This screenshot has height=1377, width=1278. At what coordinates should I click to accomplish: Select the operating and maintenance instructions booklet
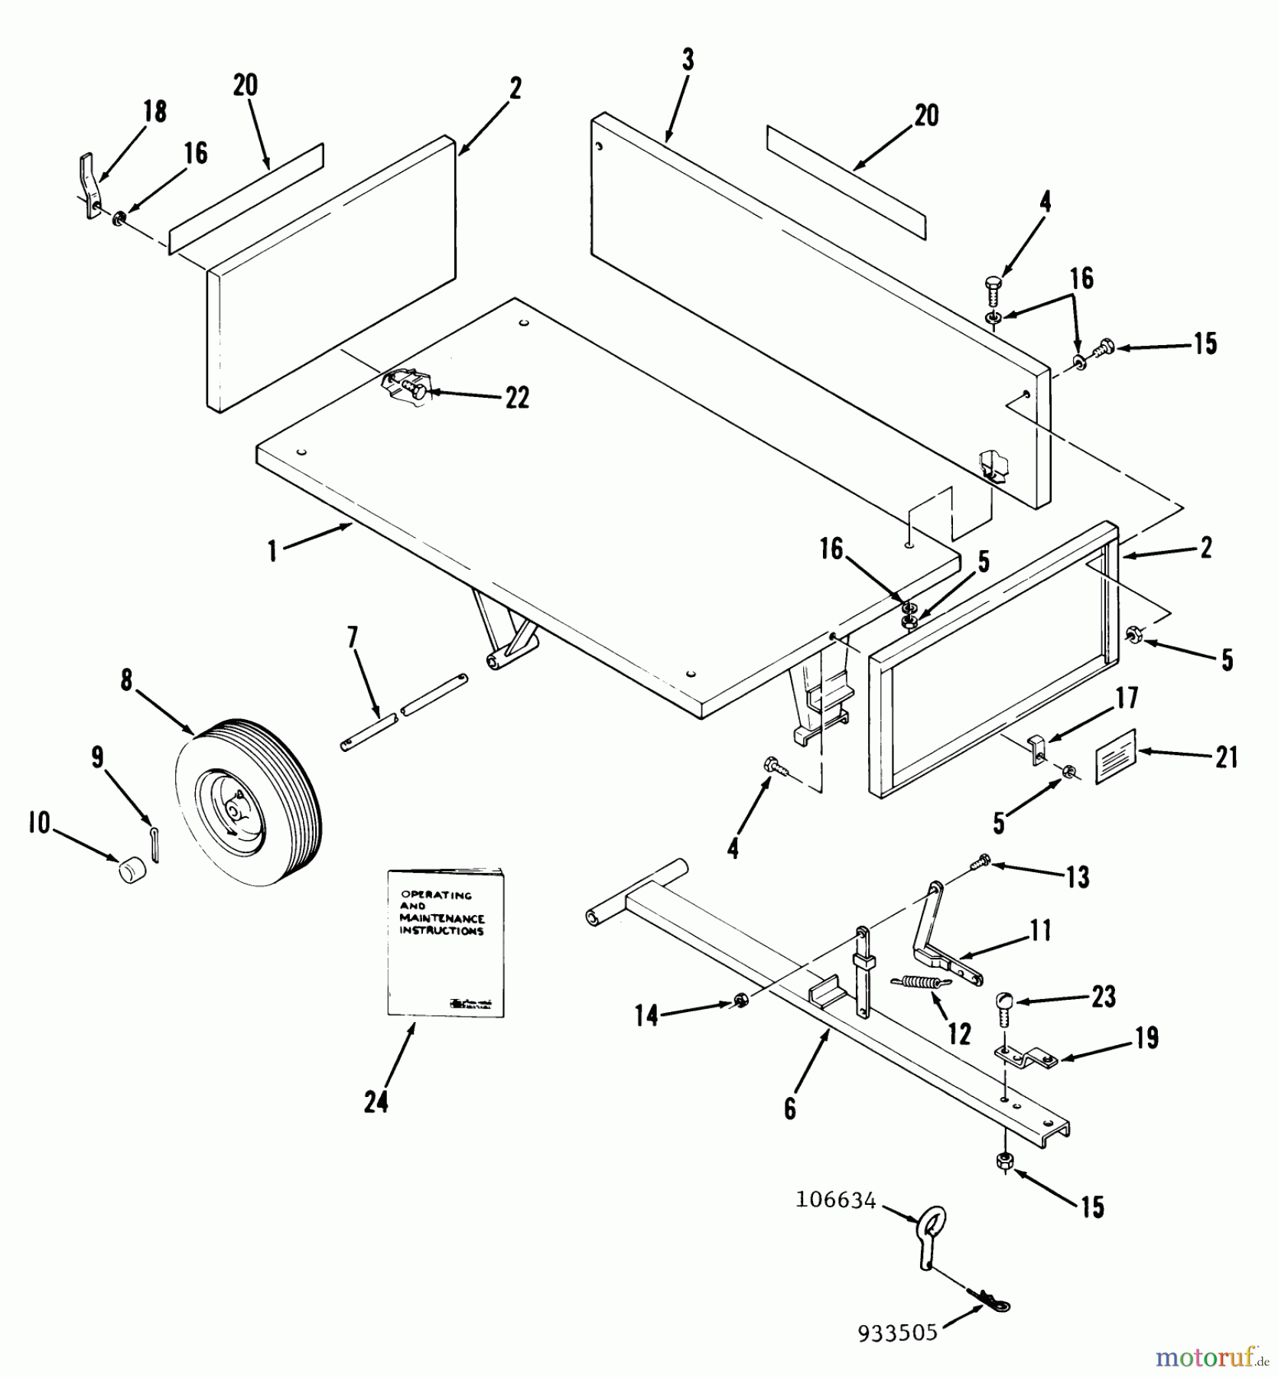point(445,942)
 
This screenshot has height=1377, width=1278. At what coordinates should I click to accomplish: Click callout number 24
point(376,1102)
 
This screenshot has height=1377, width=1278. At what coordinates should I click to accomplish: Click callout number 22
point(517,398)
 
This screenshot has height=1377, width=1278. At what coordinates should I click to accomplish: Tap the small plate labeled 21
point(1116,756)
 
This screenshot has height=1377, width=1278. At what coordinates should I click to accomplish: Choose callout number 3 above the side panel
point(688,60)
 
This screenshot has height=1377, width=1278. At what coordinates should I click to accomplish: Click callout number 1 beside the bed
point(272,551)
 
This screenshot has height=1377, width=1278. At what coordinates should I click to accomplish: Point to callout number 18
point(155,111)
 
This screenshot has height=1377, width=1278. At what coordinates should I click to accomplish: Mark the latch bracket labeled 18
point(90,186)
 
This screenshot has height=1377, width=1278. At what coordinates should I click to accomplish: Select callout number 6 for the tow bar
point(790,1108)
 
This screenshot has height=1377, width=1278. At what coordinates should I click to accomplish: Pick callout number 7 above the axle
point(353,636)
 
